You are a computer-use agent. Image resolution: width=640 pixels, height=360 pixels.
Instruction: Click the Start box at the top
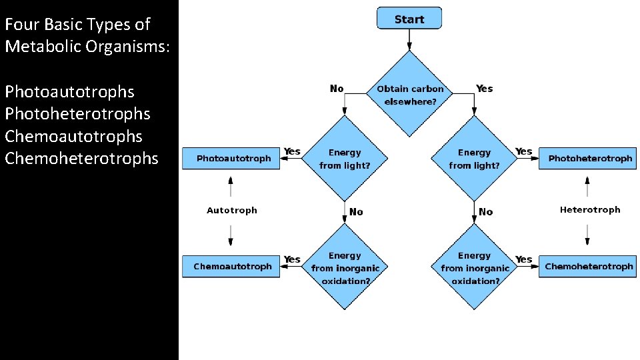409,19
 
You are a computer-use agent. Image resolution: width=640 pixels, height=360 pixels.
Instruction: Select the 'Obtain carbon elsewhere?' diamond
410,95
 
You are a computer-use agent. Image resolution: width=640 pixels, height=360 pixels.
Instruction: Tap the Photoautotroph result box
231,159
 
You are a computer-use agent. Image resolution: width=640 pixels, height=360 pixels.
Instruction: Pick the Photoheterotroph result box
588,159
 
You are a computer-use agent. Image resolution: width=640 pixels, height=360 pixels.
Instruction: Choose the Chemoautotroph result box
231,267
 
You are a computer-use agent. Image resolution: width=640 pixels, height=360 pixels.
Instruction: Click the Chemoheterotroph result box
588,267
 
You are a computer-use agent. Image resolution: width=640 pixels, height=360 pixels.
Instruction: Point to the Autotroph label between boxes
231,211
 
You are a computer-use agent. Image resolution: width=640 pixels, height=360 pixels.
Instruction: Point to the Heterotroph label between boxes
589,210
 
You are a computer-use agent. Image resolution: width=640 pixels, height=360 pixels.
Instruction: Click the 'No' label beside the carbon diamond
337,89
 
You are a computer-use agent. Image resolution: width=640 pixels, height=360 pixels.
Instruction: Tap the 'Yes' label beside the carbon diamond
485,89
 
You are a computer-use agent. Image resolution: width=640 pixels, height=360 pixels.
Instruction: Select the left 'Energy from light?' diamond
345,159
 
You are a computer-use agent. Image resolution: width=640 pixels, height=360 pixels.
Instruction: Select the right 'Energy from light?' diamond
474,159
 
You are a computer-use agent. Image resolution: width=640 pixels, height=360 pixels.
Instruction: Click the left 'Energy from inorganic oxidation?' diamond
345,268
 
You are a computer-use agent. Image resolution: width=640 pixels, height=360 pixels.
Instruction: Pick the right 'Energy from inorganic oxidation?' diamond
474,268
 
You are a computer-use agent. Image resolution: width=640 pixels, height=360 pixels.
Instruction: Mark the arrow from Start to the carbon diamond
409,40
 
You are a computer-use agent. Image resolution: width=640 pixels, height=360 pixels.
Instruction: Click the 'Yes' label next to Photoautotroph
292,152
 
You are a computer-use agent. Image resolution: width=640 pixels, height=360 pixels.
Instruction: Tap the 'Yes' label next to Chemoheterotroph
524,259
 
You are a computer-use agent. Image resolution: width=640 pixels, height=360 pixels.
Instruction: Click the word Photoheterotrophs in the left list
77,114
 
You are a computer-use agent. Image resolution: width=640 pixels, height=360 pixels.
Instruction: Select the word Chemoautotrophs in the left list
73,136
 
